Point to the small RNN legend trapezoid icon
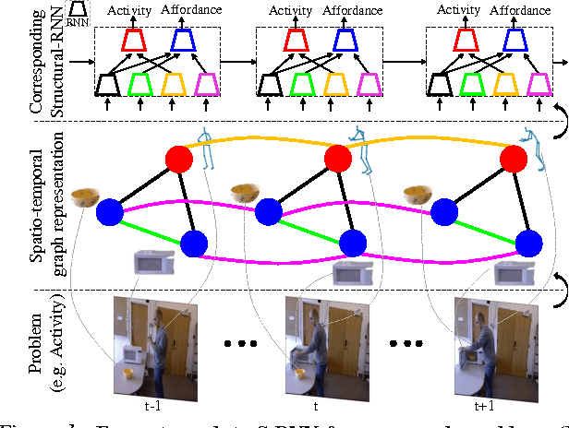pos(80,13)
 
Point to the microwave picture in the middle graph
pos(353,274)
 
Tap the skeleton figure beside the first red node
pos(206,148)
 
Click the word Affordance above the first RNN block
pos(193,11)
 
